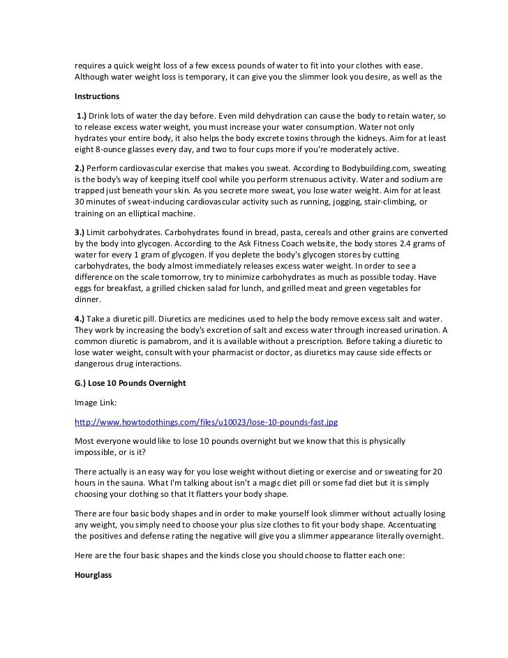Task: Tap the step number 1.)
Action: (x=86, y=114)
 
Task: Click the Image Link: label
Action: (x=96, y=403)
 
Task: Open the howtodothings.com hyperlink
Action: (x=210, y=423)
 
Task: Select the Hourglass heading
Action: (x=94, y=578)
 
